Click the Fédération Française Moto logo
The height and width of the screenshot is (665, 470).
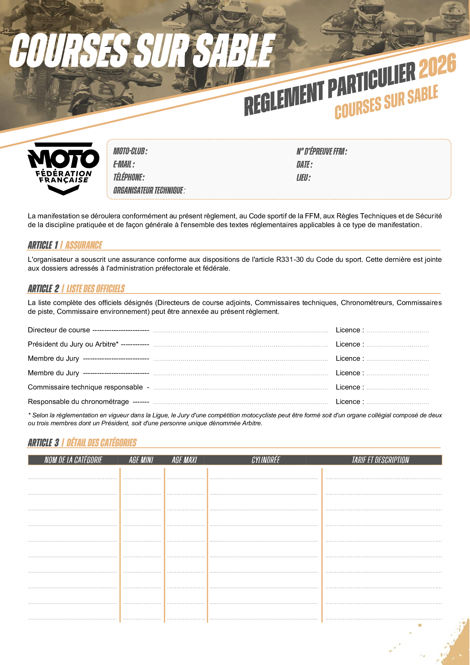pos(63,169)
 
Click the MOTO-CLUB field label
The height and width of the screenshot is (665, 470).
pos(130,151)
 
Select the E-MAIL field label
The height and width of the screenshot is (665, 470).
pos(124,164)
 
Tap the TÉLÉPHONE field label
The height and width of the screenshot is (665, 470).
pos(129,177)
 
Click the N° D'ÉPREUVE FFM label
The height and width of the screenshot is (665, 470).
pos(322,151)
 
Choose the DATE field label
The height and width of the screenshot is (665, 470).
pos(304,165)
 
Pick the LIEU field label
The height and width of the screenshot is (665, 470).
pos(303,177)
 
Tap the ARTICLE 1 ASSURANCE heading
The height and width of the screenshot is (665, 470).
pos(65,245)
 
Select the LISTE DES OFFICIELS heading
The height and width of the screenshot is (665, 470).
pos(95,289)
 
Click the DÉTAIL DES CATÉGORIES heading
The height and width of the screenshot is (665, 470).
pos(101,443)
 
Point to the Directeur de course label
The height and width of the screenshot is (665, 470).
pos(59,330)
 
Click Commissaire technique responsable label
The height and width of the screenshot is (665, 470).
pos(85,387)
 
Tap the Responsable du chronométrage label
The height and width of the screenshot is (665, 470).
pos(78,401)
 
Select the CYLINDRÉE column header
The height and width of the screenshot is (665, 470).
pos(265,460)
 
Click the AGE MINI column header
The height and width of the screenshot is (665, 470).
pos(141,460)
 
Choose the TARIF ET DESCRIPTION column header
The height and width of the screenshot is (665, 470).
pos(380,460)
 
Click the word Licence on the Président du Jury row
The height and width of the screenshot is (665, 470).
pos(348,344)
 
